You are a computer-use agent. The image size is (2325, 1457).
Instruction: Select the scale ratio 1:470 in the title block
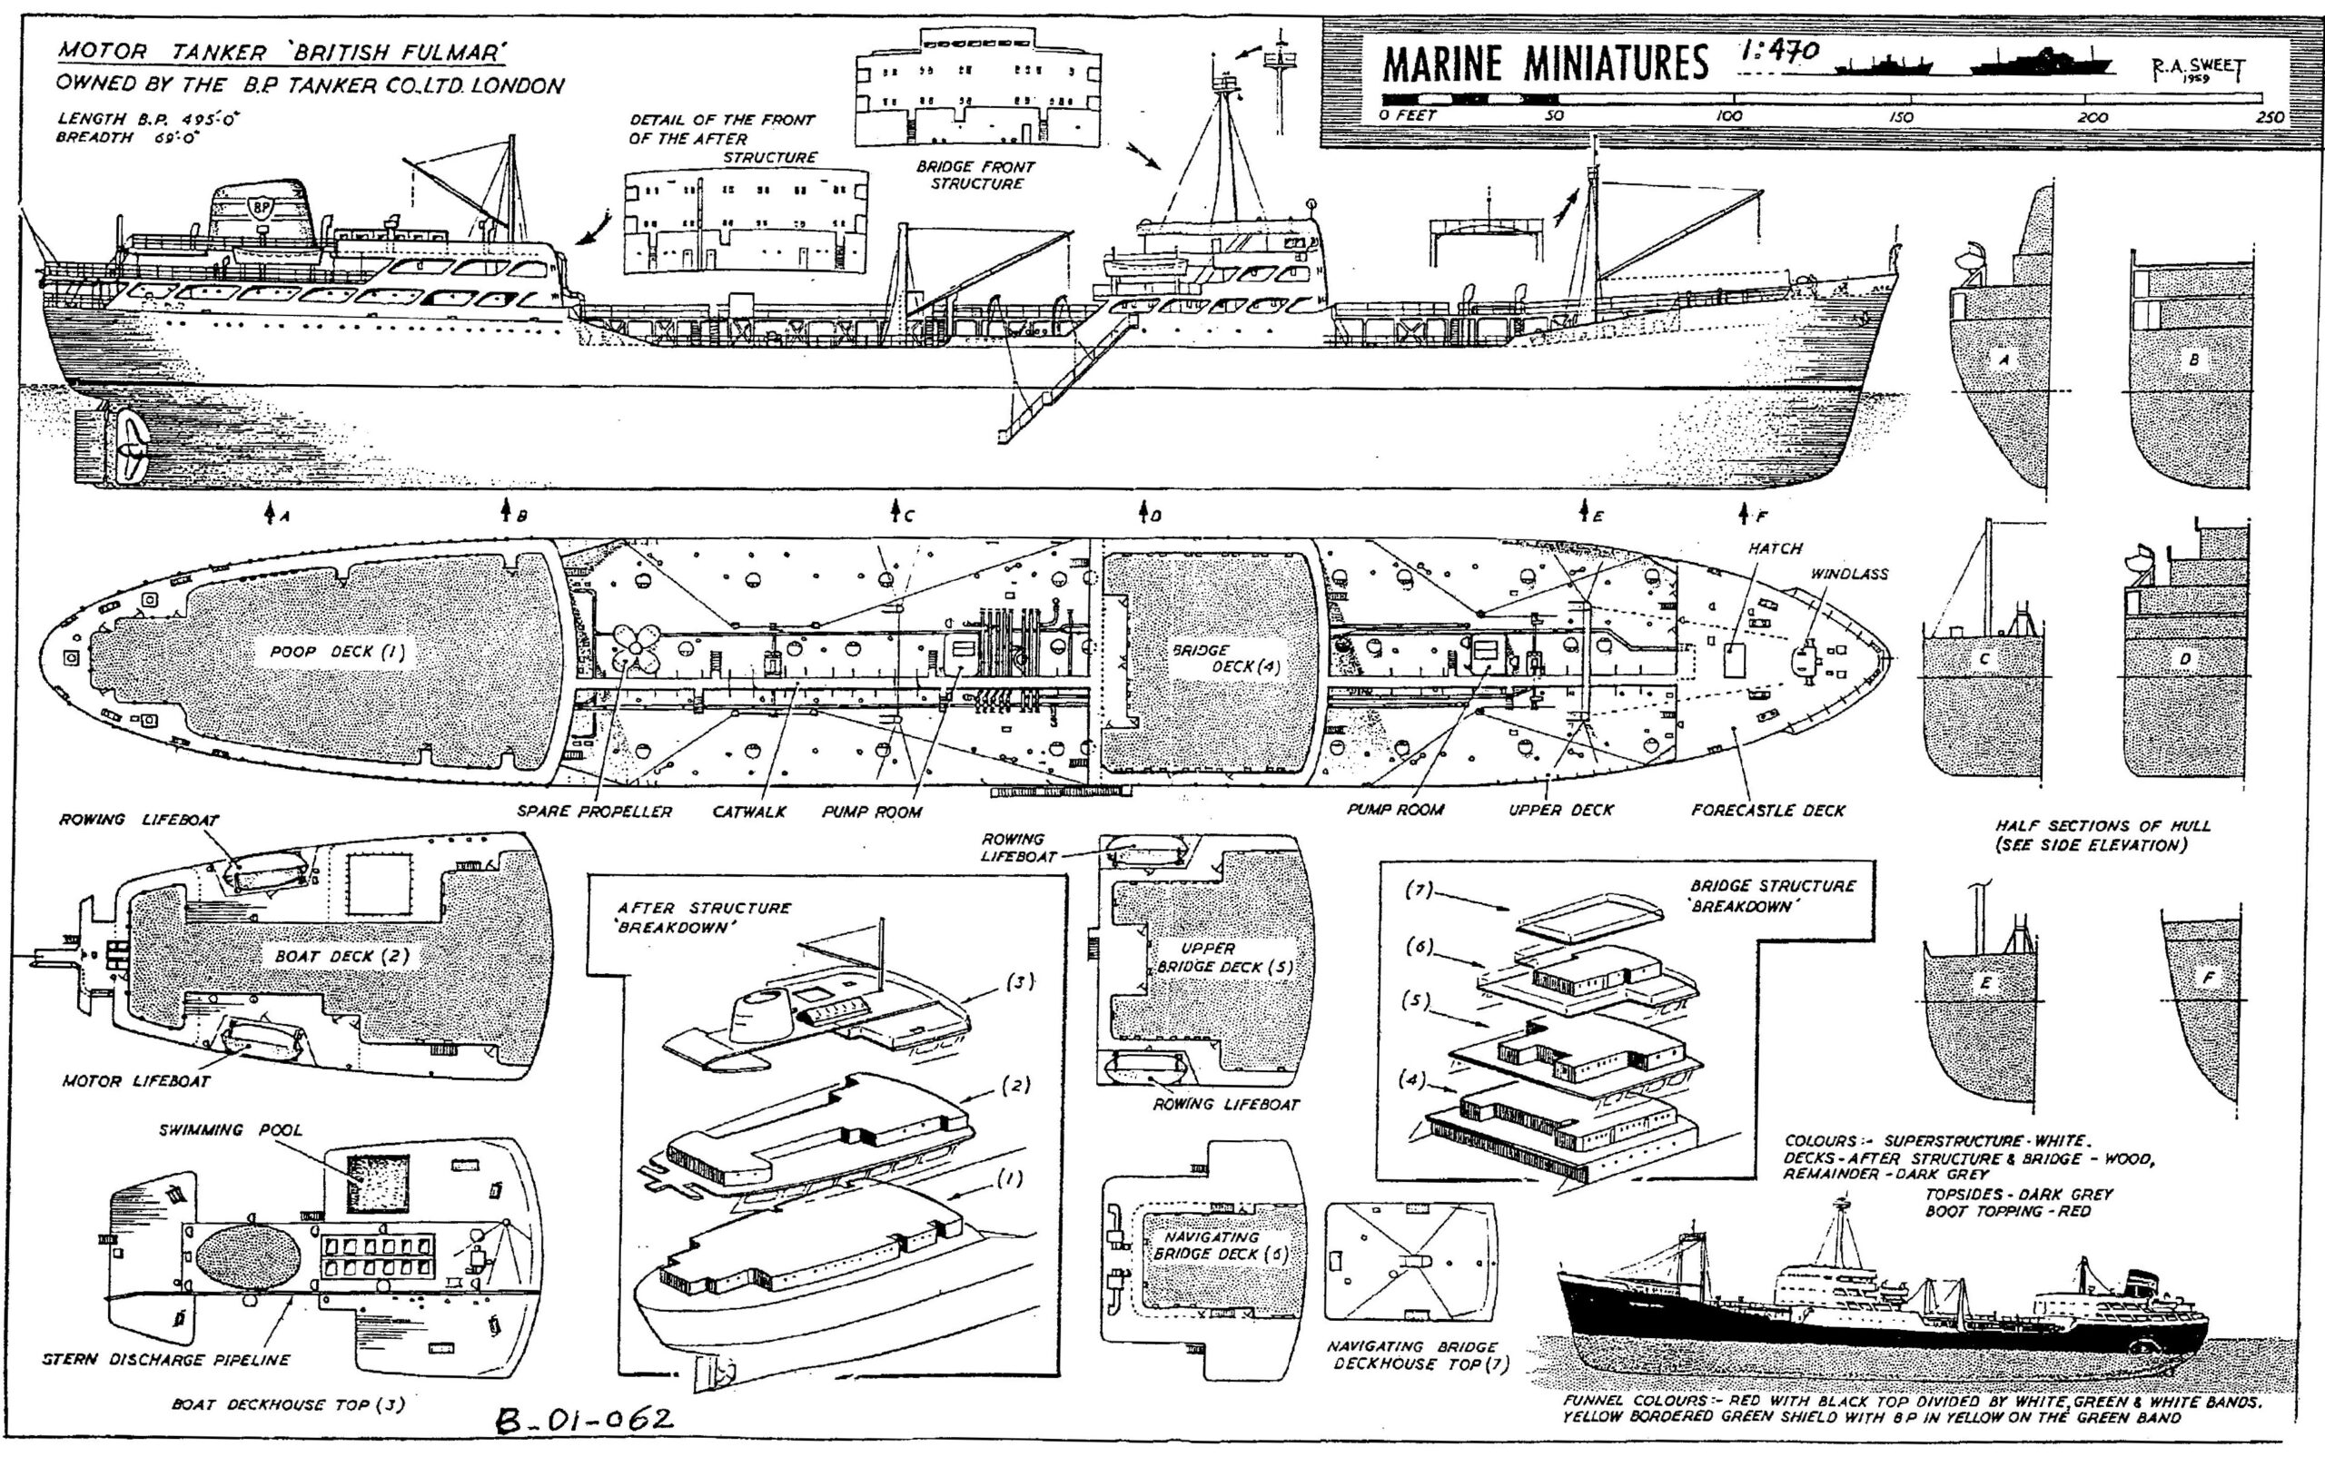click(x=1778, y=51)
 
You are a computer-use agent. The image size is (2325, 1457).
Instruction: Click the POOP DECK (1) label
click(x=337, y=653)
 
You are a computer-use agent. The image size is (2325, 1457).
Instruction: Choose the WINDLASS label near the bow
click(x=1849, y=575)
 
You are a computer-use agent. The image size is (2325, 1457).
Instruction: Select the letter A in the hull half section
click(x=2005, y=359)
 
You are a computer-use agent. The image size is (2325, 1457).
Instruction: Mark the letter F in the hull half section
click(x=2208, y=978)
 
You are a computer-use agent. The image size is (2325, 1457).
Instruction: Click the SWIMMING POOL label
click(x=231, y=1130)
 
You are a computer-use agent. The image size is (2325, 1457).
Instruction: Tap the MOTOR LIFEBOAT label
click(x=136, y=1081)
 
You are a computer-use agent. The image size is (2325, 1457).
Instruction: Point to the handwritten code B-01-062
click(x=584, y=1420)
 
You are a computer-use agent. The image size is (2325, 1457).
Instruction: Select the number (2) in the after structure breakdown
click(x=1016, y=1085)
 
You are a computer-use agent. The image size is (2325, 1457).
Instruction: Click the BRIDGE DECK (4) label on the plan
click(x=1226, y=658)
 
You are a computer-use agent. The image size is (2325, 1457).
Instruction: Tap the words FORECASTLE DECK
click(x=1768, y=811)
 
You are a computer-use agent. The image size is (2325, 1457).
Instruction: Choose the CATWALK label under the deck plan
click(x=749, y=812)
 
